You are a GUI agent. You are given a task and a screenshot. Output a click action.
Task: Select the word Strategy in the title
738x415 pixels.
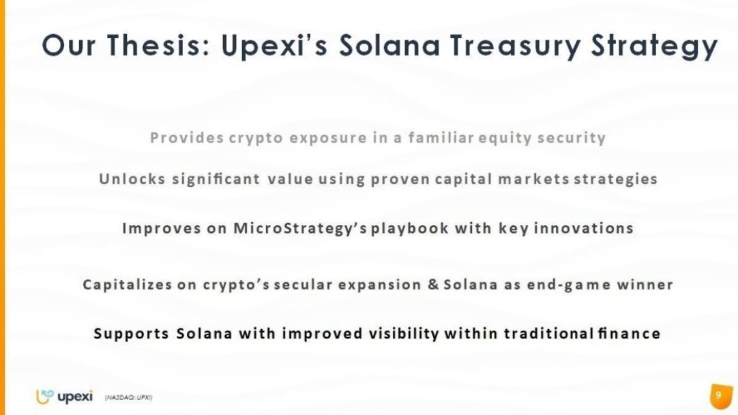pyautogui.click(x=654, y=46)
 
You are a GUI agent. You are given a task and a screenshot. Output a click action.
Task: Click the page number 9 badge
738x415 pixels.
pyautogui.click(x=720, y=396)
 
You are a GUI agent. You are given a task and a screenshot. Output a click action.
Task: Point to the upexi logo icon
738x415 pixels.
pyautogui.click(x=45, y=397)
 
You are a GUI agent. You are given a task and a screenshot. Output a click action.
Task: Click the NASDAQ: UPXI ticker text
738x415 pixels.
pyautogui.click(x=128, y=397)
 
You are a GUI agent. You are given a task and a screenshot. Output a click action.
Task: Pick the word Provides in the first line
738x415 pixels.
pyautogui.click(x=187, y=138)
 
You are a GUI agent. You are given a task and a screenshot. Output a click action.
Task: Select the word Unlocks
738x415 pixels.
pyautogui.click(x=132, y=179)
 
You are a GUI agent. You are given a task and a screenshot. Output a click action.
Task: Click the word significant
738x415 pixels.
pyautogui.click(x=216, y=180)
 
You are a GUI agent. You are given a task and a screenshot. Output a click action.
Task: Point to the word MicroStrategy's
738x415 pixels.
pyautogui.click(x=300, y=229)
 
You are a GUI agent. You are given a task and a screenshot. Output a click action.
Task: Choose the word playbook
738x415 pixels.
pyautogui.click(x=410, y=229)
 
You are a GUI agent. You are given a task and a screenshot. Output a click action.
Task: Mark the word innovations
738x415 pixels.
pyautogui.click(x=583, y=228)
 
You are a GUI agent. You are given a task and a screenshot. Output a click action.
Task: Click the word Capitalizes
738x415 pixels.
pyautogui.click(x=128, y=285)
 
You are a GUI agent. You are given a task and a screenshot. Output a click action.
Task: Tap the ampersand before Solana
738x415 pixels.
pyautogui.click(x=433, y=285)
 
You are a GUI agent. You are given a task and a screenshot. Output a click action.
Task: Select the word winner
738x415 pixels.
pyautogui.click(x=645, y=285)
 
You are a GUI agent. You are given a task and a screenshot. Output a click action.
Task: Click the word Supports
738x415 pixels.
pyautogui.click(x=132, y=334)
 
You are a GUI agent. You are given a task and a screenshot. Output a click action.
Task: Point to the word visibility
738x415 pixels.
pyautogui.click(x=404, y=334)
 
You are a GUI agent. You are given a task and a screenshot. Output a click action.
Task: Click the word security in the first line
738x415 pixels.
pyautogui.click(x=572, y=138)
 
